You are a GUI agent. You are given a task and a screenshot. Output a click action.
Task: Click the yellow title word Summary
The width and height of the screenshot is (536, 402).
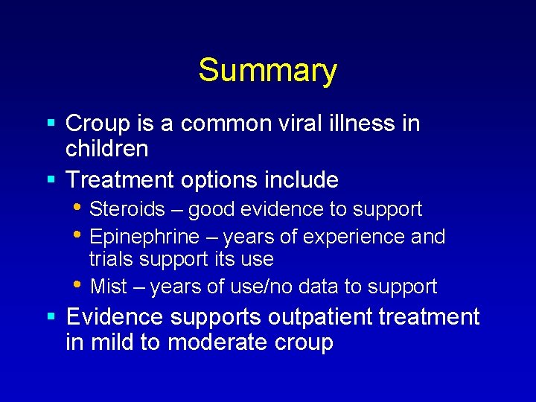[x=267, y=71]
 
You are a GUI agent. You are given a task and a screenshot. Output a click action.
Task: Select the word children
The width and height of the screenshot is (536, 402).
[x=107, y=149]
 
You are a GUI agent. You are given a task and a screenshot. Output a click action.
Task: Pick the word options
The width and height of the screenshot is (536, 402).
[x=214, y=180]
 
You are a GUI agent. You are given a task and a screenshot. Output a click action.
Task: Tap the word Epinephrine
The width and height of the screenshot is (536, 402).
[x=144, y=237]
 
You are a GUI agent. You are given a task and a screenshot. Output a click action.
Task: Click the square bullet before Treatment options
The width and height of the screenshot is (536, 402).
[x=51, y=180]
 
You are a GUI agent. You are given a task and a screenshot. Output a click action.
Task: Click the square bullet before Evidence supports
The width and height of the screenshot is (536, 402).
[x=51, y=317]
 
